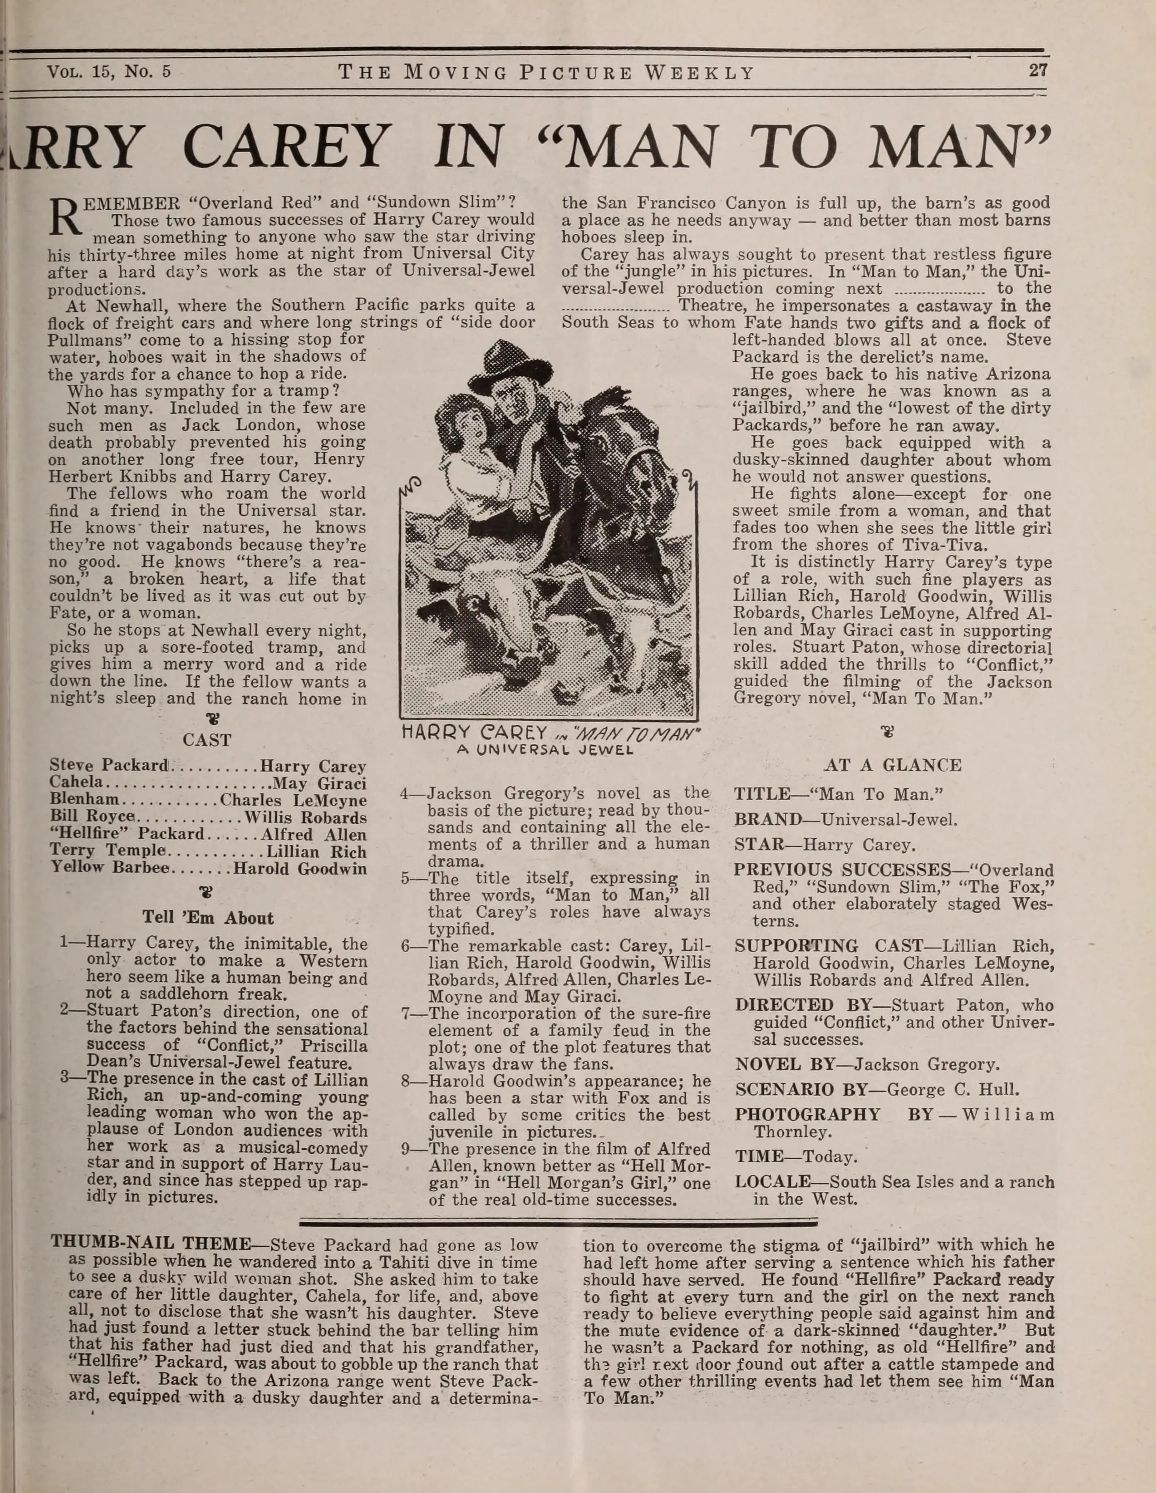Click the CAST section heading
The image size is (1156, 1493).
(207, 740)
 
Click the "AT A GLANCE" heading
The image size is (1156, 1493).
(893, 765)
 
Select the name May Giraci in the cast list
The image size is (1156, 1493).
(319, 783)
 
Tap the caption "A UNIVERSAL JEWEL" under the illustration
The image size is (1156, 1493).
(546, 749)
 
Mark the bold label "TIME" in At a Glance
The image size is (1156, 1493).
(759, 1157)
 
